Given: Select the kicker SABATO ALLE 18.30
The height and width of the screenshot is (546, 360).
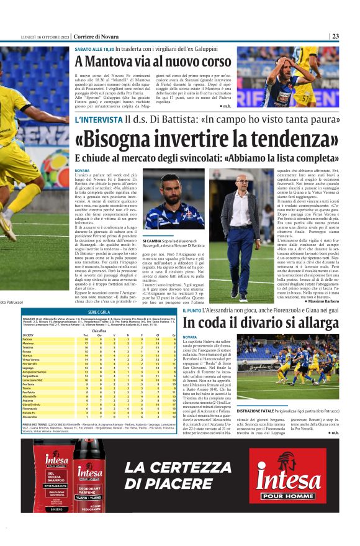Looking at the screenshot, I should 94,48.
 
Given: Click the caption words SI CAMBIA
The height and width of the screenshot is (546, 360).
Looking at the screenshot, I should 152,240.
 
